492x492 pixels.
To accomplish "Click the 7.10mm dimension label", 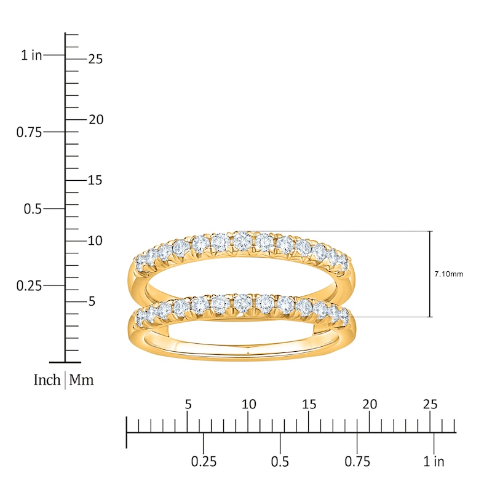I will tap(449, 274).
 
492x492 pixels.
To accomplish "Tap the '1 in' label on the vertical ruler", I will tap(31, 55).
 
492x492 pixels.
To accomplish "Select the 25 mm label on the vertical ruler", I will tap(95, 59).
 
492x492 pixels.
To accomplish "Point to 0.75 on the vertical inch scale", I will tap(28, 132).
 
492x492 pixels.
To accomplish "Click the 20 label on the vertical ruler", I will tap(95, 119).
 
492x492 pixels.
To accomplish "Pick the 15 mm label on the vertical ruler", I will tap(95, 180).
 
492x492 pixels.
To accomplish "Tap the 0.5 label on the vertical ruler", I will tap(32, 209).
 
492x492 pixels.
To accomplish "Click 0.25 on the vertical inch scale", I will tap(28, 285).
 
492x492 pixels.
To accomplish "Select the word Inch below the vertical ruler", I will tap(47, 380).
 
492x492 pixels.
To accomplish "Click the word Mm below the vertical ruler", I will tap(81, 380).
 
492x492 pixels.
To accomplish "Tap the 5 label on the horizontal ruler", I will tap(188, 404).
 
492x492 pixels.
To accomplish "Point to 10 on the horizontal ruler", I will tap(248, 404).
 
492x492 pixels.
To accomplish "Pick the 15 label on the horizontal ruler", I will tap(309, 404).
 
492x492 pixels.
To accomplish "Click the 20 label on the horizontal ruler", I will tap(370, 404).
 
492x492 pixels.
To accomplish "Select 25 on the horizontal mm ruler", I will tap(430, 404).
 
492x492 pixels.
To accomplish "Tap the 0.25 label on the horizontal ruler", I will tap(204, 462).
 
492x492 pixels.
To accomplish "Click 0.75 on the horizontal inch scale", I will tap(357, 462).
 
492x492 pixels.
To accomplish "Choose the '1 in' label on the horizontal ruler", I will tap(434, 462).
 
